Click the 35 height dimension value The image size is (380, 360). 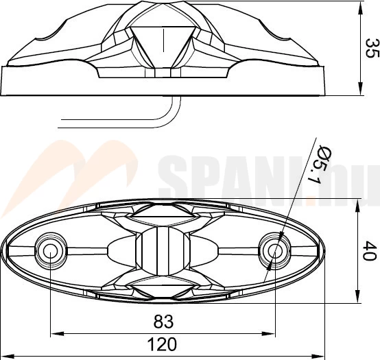click(x=372, y=48)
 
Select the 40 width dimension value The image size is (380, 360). click(x=370, y=251)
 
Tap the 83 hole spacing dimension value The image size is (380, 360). click(x=163, y=322)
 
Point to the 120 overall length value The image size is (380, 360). click(x=162, y=344)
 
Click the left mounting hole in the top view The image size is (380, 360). click(x=50, y=251)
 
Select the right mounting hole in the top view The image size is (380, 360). click(x=275, y=251)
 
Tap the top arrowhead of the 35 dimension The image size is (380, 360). click(x=360, y=8)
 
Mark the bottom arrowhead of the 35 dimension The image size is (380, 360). click(x=360, y=88)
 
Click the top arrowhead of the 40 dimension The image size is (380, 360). click(x=359, y=206)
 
